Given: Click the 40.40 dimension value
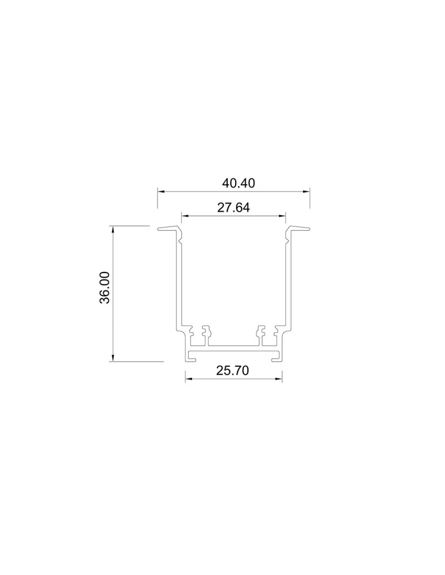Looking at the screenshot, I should pyautogui.click(x=239, y=183).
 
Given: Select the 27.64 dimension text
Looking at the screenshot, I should pyautogui.click(x=233, y=208).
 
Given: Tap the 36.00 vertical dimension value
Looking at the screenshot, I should pyautogui.click(x=105, y=287).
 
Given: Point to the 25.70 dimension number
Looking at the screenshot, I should pyautogui.click(x=232, y=371).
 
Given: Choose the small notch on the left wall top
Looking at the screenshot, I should pyautogui.click(x=180, y=243).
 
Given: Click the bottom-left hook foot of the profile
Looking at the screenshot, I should pyautogui.click(x=190, y=357).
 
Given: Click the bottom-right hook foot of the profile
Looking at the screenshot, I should pyautogui.click(x=277, y=357).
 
